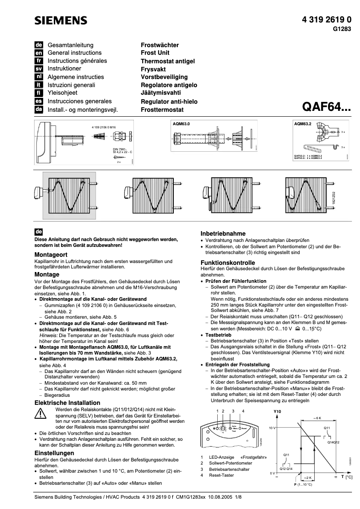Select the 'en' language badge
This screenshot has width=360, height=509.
[39, 53]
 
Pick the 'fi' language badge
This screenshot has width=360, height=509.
[39, 93]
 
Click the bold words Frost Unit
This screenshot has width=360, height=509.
[155, 53]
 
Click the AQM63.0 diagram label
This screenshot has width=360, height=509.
[181, 123]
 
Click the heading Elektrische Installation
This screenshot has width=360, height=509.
[67, 403]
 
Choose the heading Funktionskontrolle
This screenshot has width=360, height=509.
[227, 262]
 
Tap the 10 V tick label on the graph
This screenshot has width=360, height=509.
[272, 428]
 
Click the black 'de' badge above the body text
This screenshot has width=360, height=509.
[39, 232]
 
